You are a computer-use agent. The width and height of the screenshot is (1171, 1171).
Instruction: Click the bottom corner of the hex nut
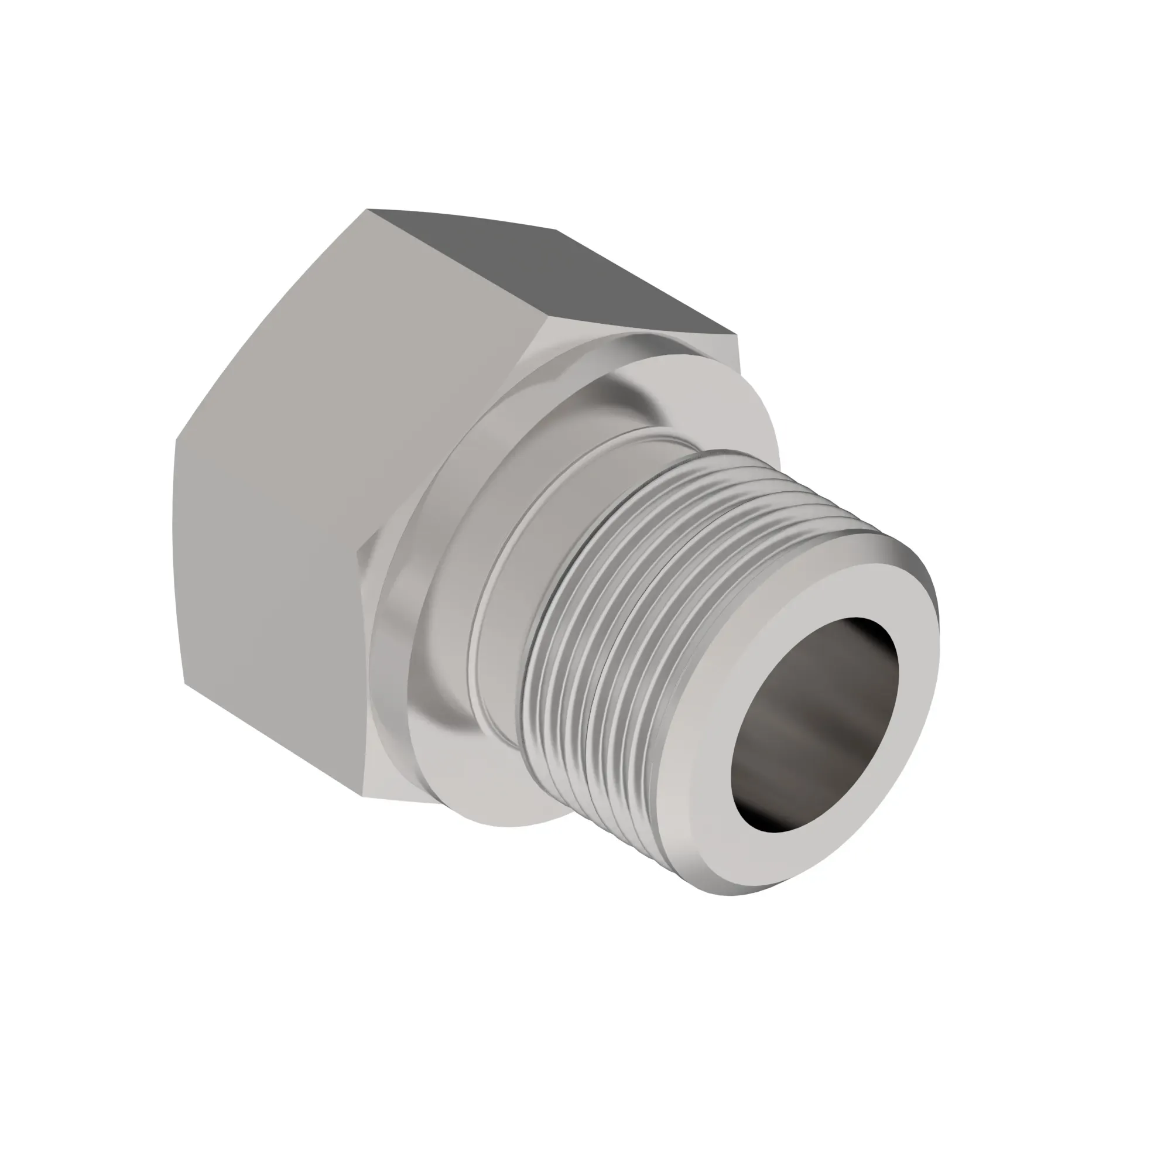362,795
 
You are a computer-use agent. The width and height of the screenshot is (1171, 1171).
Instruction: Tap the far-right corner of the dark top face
737,334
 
